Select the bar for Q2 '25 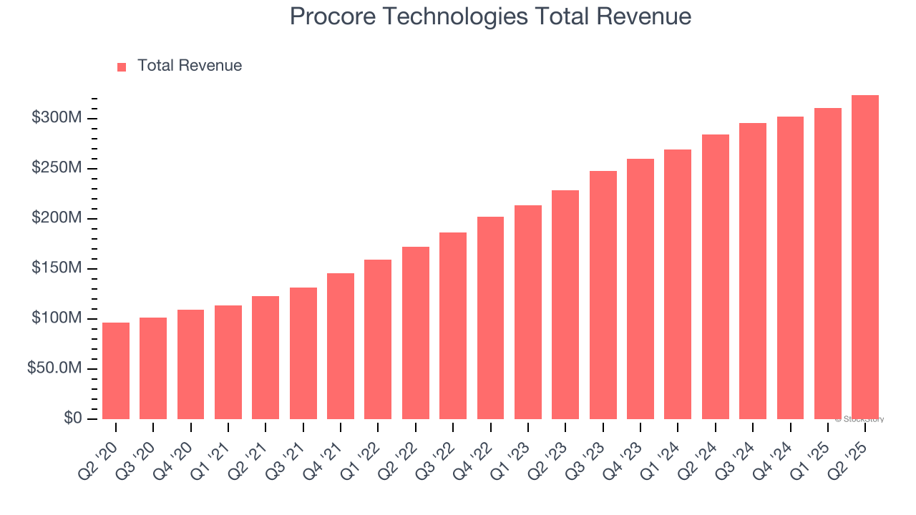(865, 257)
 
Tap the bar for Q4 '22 (490, 318)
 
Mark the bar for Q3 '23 (603, 295)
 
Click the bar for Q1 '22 (378, 339)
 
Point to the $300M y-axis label (56, 117)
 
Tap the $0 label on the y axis (72, 418)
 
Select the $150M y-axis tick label (56, 268)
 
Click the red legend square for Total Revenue (122, 67)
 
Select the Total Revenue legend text (190, 66)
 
